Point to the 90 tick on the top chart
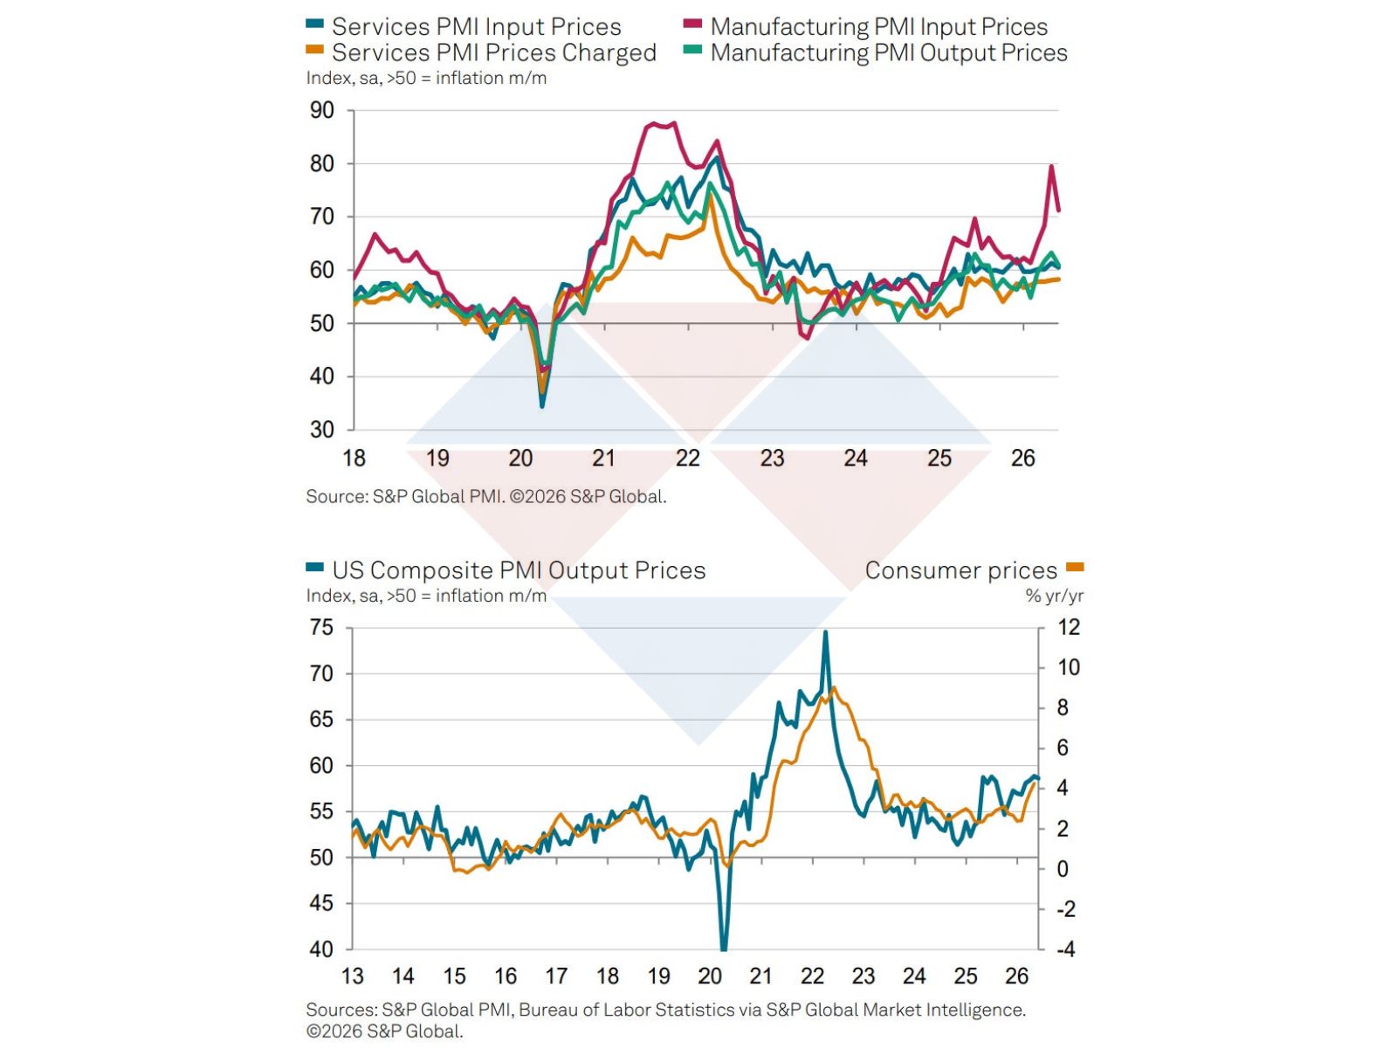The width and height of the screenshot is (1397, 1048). click(x=322, y=111)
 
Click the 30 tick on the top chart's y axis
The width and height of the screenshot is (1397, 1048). click(x=322, y=430)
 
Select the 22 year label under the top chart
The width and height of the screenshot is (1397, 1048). click(x=688, y=458)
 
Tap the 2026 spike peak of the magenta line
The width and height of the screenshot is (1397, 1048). click(x=1051, y=166)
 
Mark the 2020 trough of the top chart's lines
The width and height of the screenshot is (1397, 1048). click(x=542, y=405)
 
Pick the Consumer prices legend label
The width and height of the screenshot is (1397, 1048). click(x=960, y=570)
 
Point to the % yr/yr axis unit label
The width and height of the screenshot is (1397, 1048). click(x=1054, y=596)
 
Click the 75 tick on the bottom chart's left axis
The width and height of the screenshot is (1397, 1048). click(x=322, y=628)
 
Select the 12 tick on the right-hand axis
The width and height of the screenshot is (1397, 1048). click(x=1069, y=628)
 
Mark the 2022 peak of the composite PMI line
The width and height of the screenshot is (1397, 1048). click(x=825, y=631)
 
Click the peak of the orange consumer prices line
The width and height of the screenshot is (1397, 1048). click(x=835, y=688)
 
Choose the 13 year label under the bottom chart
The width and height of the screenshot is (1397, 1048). click(x=353, y=976)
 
